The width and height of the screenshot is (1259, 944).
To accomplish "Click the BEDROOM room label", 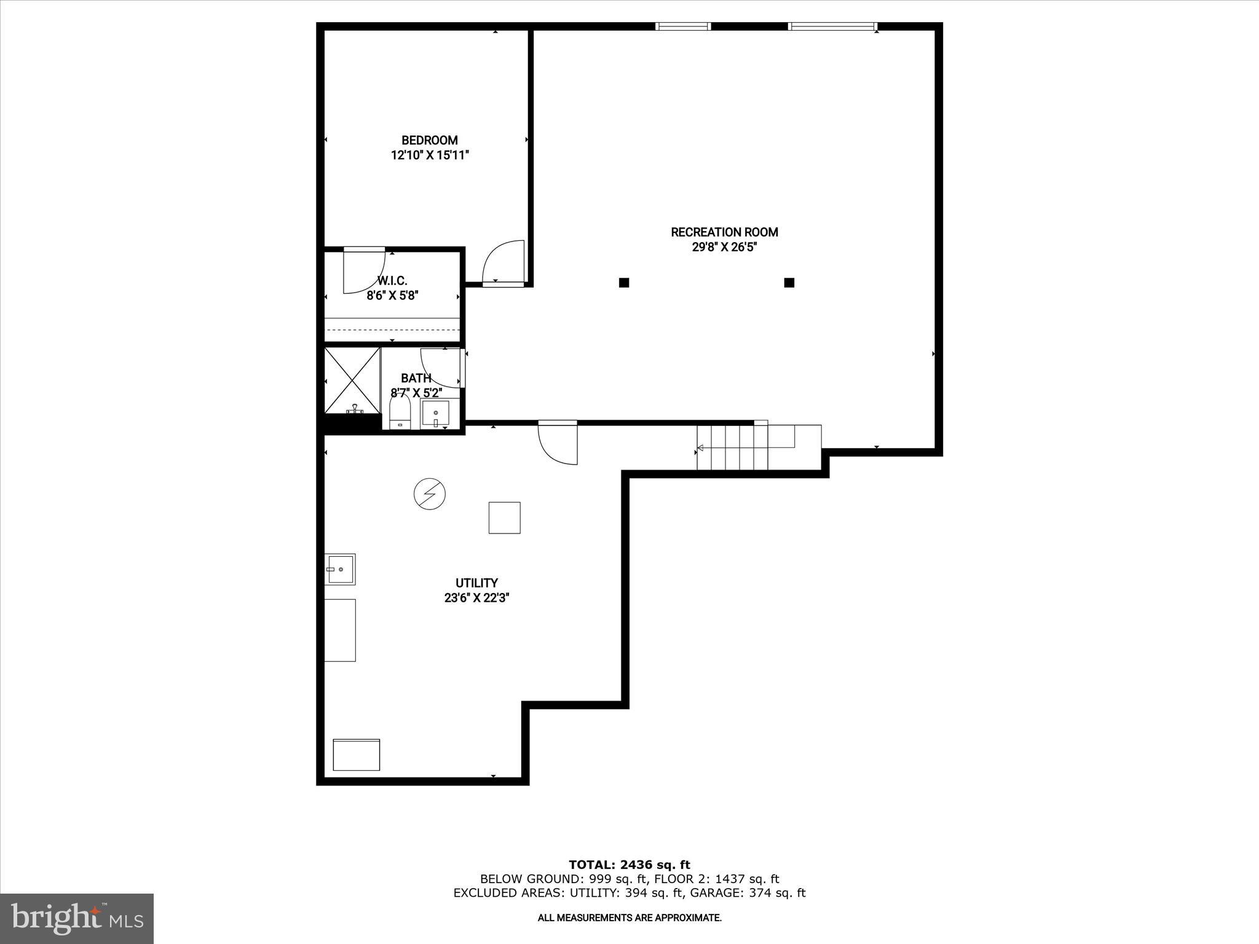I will [x=430, y=140].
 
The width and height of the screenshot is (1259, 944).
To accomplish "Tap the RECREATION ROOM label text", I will [x=724, y=232].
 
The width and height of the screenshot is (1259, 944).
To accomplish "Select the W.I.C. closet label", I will [x=392, y=281].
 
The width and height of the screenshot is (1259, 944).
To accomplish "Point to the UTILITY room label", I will [x=476, y=583].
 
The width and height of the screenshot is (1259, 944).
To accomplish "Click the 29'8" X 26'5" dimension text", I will [x=724, y=247].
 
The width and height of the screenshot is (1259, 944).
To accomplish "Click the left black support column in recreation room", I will [x=624, y=283].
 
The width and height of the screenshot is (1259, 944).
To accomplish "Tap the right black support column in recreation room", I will [x=789, y=283].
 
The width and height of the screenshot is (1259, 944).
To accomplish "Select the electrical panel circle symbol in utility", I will [x=429, y=494].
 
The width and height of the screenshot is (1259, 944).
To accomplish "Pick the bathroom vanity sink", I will [x=435, y=414].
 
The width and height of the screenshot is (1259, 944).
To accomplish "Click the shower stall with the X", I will [x=352, y=379].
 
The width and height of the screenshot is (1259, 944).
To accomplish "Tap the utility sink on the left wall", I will [x=340, y=569].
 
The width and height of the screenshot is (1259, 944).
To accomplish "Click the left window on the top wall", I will [x=682, y=26].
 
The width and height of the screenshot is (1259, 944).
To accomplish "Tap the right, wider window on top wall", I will [x=832, y=26].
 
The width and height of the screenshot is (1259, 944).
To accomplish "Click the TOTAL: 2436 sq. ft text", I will [x=629, y=865].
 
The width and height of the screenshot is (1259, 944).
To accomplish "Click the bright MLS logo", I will [x=77, y=918].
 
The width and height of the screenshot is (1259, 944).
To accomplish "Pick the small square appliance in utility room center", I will [x=505, y=517].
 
